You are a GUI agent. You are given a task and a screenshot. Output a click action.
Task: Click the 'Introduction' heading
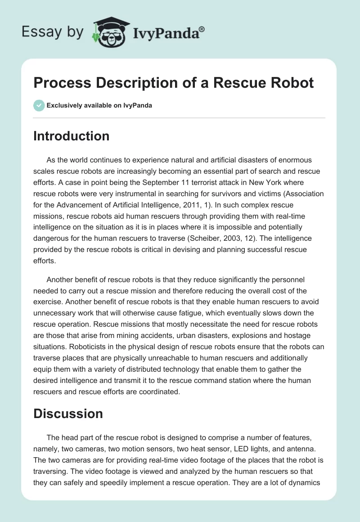[x=71, y=136]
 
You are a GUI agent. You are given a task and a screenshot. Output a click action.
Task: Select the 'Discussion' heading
[x=68, y=414]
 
